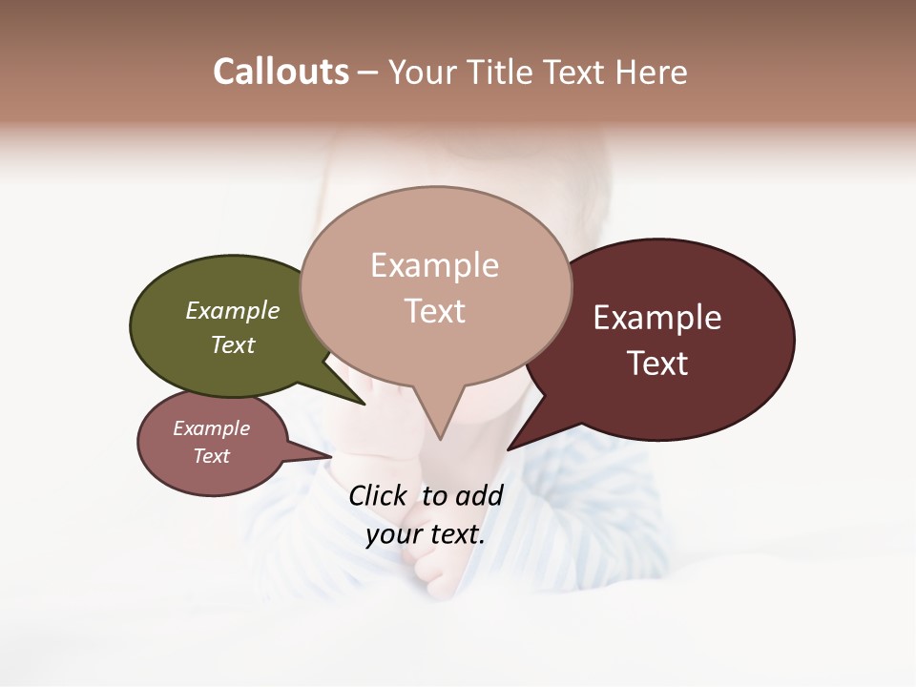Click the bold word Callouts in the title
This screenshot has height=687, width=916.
coord(281,72)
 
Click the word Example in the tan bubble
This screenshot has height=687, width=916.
coord(435,265)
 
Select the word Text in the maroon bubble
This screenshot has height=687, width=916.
coord(658,364)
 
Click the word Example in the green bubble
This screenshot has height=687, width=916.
coord(233,310)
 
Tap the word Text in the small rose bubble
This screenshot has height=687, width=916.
coord(212,456)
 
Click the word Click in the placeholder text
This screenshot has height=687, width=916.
coord(378,495)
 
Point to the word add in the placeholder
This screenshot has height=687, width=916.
coord(479,495)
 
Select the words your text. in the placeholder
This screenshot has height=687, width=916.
coord(426,534)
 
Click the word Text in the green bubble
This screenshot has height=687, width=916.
coord(233,344)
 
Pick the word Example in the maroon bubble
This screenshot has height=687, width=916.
coord(657,318)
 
